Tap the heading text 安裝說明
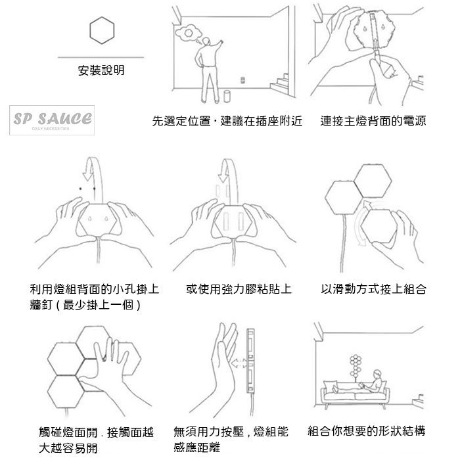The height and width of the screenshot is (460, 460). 101,70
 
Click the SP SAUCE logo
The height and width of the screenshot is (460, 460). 52,120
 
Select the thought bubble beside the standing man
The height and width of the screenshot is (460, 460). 187,33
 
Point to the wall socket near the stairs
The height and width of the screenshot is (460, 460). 242,80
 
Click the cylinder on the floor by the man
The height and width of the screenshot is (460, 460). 227,96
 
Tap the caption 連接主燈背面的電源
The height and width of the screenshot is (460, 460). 373,121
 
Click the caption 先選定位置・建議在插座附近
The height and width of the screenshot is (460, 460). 227,121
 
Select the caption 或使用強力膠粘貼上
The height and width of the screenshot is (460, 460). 239,289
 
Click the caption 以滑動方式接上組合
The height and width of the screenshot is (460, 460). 373,289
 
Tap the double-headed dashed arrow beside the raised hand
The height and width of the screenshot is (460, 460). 239,363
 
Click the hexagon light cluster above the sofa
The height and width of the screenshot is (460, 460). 356,365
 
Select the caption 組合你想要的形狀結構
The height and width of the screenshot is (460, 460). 367,431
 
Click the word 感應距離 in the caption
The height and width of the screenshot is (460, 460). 196,448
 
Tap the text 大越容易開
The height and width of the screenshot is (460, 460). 68,448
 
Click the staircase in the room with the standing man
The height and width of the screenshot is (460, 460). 279,83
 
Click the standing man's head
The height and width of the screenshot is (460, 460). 206,41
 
